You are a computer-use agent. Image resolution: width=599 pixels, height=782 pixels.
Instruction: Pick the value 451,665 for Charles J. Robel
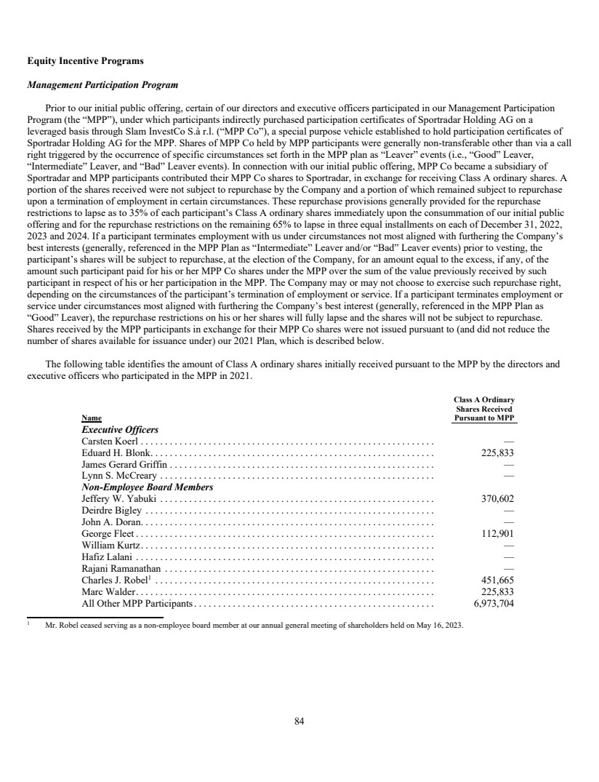point(497,580)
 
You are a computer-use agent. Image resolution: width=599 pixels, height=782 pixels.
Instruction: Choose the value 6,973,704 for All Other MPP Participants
point(493,603)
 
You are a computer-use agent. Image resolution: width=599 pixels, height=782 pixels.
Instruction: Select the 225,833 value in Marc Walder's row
point(497,591)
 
